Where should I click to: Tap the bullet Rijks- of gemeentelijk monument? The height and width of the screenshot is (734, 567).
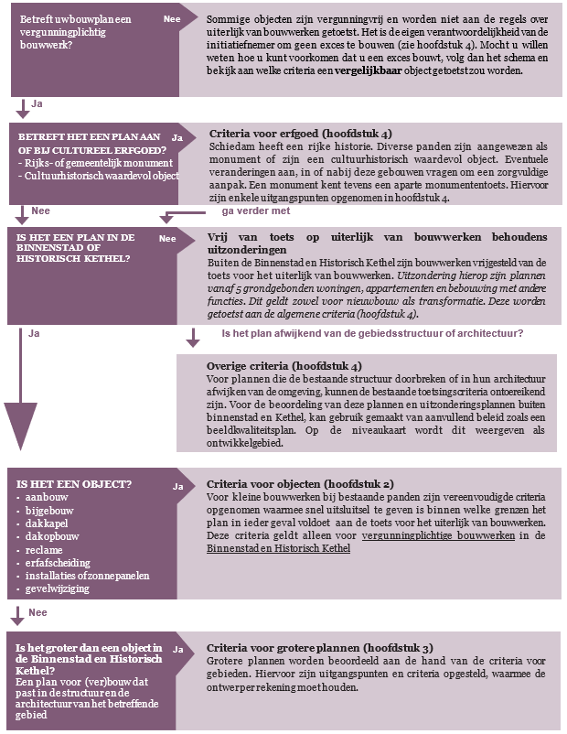(74, 162)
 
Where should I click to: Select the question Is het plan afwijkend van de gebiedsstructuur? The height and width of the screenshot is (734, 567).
(372, 333)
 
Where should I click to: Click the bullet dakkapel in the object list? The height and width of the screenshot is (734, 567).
(47, 522)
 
